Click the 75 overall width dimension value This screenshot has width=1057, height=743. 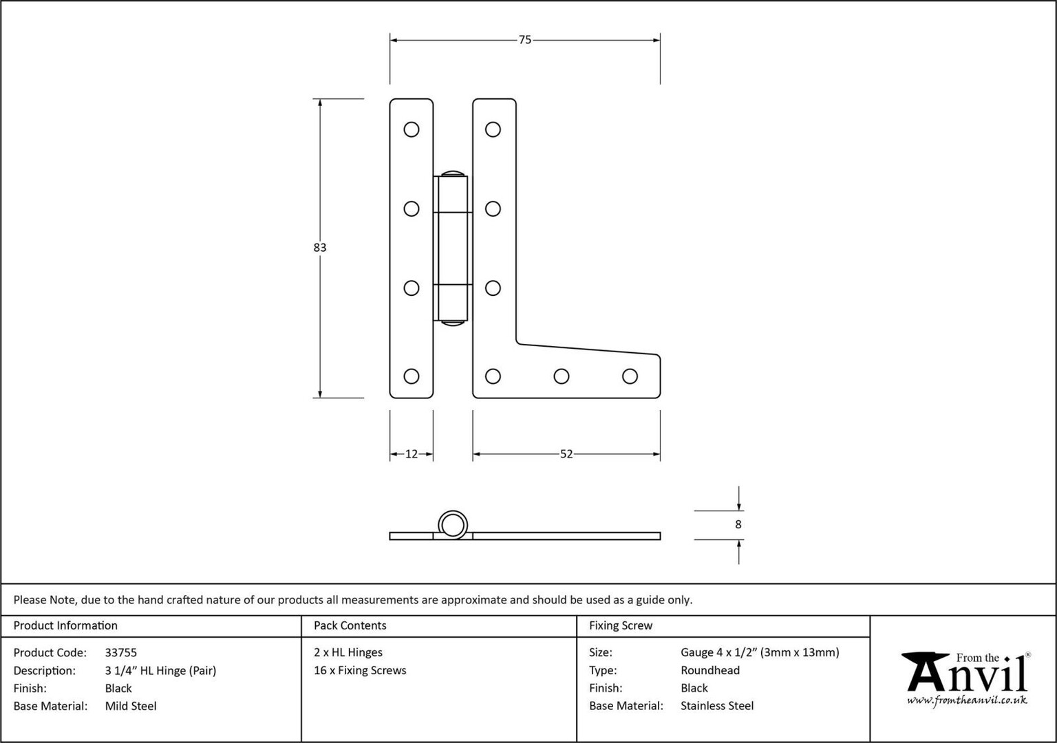(525, 40)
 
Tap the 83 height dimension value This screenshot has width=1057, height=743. (320, 247)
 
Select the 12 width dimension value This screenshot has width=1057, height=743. (412, 454)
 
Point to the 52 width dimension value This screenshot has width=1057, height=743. (566, 454)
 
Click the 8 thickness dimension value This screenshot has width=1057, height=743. (738, 524)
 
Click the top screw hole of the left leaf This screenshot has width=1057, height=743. (412, 129)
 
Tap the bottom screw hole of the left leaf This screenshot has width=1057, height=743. (412, 376)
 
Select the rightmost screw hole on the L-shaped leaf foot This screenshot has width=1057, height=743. (630, 376)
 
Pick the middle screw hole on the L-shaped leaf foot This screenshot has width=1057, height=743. (562, 376)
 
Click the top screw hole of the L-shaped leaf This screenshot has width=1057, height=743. (493, 129)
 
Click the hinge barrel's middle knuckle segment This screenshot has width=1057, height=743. (453, 248)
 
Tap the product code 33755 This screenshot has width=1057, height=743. (121, 652)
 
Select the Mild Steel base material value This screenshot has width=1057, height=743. (131, 706)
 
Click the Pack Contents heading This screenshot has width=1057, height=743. (350, 625)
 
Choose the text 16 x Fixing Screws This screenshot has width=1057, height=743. (360, 670)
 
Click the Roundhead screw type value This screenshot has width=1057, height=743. (710, 670)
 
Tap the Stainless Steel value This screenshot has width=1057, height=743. (717, 706)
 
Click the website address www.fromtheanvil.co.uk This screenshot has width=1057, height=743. (967, 700)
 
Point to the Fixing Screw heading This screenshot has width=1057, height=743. (621, 625)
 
